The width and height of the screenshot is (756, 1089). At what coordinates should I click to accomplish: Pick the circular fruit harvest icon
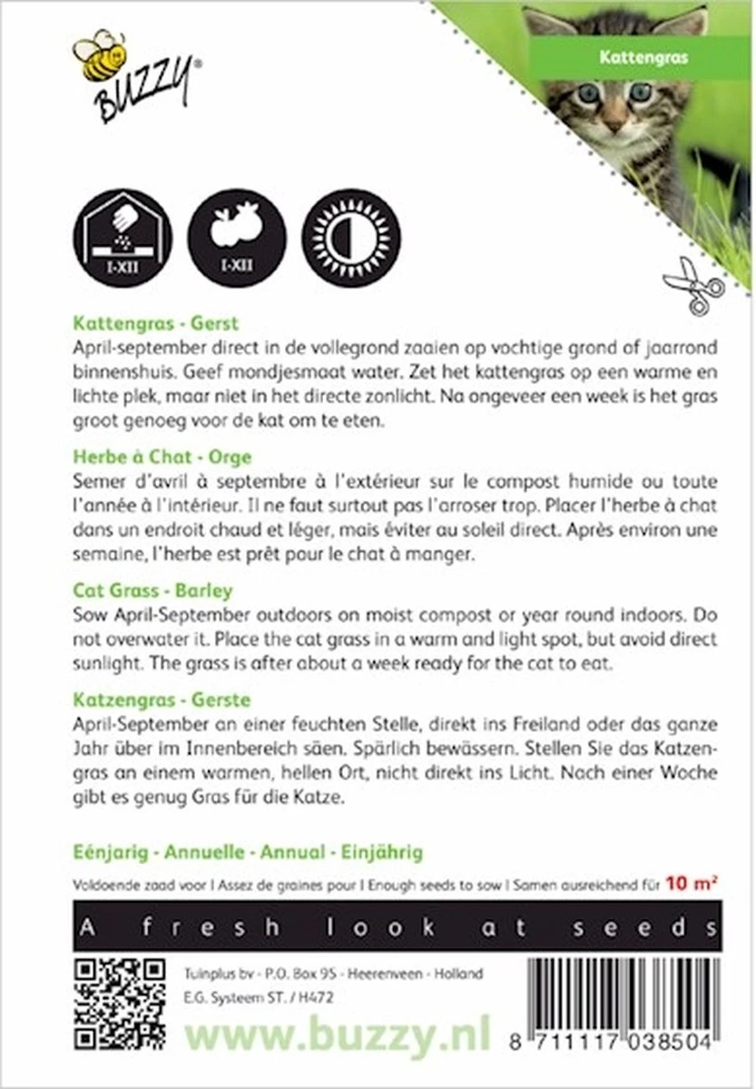click(x=236, y=239)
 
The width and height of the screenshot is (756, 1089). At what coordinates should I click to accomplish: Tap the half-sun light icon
click(x=349, y=239)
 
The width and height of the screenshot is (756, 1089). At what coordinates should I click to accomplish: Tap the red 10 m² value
click(x=692, y=881)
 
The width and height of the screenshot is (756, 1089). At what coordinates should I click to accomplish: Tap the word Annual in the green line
click(x=292, y=853)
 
